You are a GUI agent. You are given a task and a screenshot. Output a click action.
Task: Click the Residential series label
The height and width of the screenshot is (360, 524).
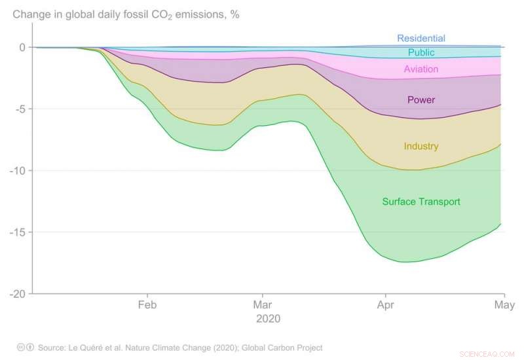(421, 39)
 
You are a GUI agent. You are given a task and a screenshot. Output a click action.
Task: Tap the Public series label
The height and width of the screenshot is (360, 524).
(421, 53)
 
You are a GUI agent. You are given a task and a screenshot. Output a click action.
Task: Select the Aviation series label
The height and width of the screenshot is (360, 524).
(421, 69)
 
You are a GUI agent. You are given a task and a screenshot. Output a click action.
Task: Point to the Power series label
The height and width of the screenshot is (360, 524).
(421, 100)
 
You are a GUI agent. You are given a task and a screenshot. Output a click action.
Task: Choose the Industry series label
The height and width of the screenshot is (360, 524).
(421, 147)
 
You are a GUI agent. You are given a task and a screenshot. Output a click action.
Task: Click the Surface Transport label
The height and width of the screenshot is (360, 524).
(421, 202)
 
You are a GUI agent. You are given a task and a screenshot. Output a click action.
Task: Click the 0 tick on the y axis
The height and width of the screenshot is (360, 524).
(22, 47)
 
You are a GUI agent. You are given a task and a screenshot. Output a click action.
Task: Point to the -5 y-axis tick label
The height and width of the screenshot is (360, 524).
(18, 109)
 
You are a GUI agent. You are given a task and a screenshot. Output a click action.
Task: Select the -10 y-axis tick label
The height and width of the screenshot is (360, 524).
(16, 171)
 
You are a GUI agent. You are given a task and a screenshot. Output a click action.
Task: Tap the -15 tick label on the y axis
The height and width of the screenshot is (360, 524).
(16, 232)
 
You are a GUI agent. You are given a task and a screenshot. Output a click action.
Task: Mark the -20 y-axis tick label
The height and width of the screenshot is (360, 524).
(16, 294)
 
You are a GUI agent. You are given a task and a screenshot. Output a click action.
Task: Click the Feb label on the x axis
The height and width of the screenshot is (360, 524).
(147, 304)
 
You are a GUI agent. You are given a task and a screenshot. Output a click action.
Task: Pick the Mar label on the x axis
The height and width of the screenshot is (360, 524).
(262, 304)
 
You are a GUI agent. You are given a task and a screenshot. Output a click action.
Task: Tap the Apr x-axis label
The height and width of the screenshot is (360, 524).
(385, 304)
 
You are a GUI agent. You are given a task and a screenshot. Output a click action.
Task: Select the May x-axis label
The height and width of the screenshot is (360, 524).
(503, 304)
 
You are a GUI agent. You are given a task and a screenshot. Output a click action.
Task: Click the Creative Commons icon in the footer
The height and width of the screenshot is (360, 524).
(21, 348)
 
